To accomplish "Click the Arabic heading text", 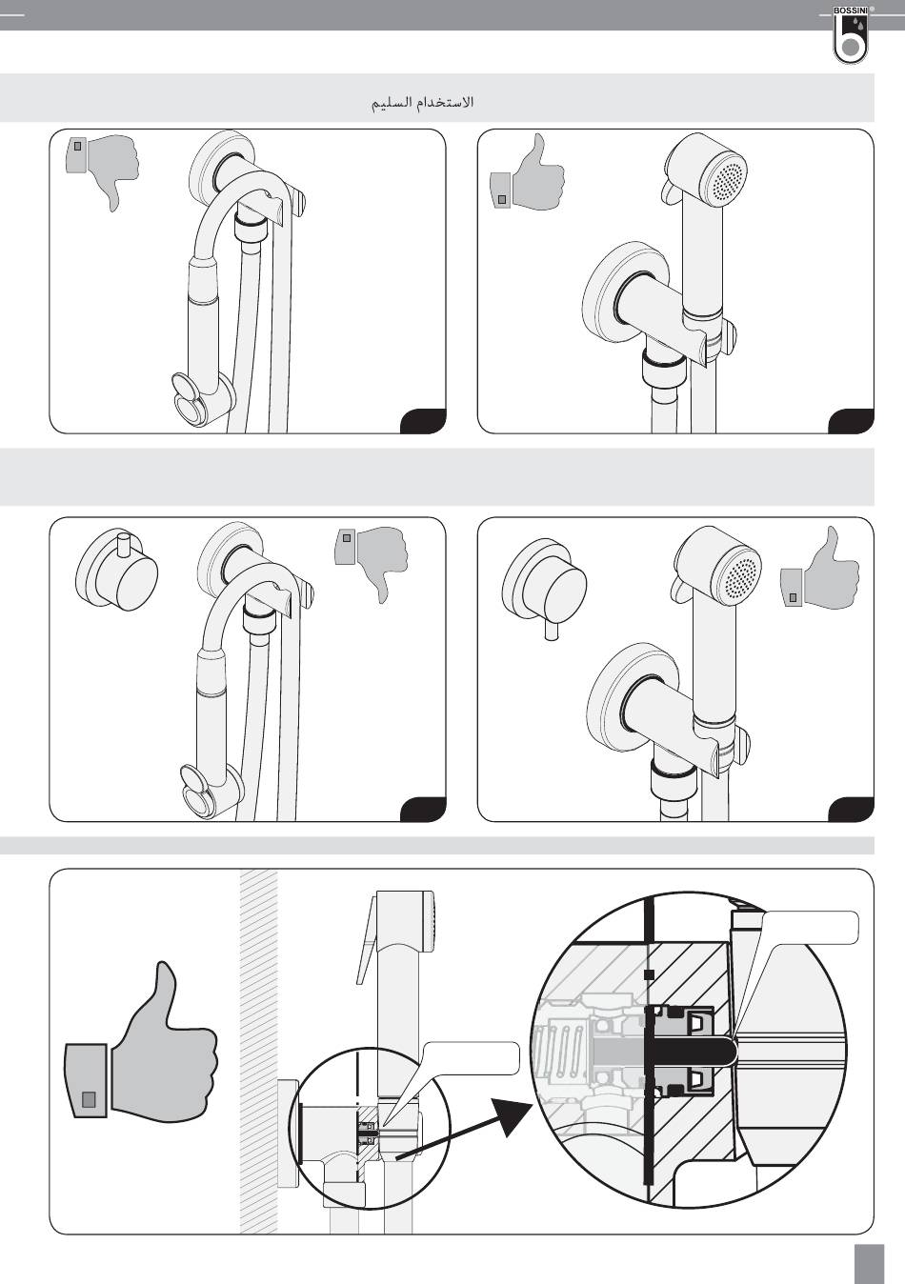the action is coord(423,102).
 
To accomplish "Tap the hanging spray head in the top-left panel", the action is coord(201,396).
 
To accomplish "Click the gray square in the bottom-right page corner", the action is coord(870,1262).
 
